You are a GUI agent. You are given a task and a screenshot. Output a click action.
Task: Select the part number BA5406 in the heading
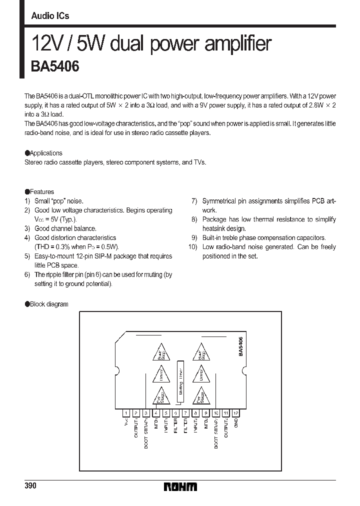[x=55, y=66]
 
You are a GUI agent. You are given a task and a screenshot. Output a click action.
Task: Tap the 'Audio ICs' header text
[x=50, y=16]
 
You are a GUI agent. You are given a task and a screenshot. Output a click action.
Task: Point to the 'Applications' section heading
[x=45, y=153]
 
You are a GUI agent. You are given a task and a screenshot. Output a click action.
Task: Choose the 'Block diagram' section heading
[x=48, y=304]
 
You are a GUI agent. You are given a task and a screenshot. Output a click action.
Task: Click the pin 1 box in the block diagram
[x=126, y=413]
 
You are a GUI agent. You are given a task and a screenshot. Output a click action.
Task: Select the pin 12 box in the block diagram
[x=235, y=413]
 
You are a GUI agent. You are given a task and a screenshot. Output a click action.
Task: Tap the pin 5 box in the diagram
[x=166, y=413]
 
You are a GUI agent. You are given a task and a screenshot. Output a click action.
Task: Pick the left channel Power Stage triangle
[x=160, y=353]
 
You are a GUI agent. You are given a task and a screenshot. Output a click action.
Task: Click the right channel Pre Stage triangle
[x=200, y=396]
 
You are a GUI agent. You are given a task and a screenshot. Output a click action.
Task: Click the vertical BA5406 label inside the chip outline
[x=240, y=346]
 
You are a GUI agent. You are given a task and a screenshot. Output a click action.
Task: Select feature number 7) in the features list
[x=194, y=201]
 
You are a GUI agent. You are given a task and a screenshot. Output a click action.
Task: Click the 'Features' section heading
[x=41, y=191]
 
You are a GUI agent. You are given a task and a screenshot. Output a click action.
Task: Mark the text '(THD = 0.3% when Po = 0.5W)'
[x=77, y=247]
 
